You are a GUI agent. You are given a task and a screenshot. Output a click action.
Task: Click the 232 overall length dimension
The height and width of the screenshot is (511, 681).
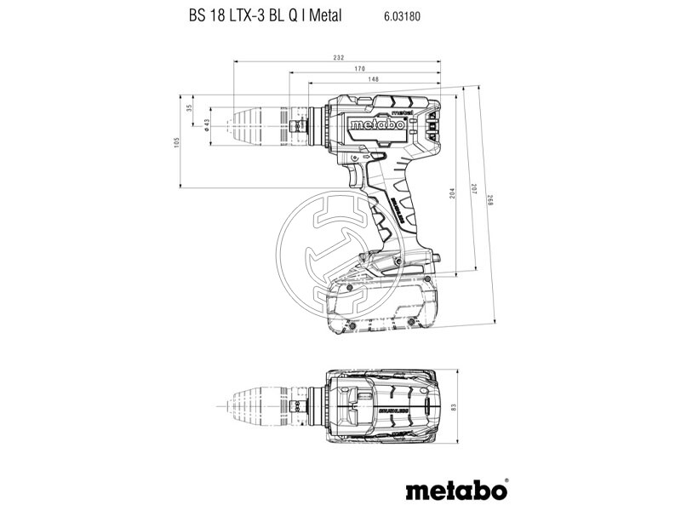339,57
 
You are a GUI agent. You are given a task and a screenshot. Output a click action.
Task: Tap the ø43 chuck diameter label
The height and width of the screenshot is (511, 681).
207,124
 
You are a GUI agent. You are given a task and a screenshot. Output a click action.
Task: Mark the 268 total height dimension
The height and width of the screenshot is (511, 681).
490,201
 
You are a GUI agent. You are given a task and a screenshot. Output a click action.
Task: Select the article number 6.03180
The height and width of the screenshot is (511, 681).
391,16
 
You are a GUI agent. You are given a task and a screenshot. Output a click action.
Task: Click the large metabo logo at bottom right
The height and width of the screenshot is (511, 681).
455,490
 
